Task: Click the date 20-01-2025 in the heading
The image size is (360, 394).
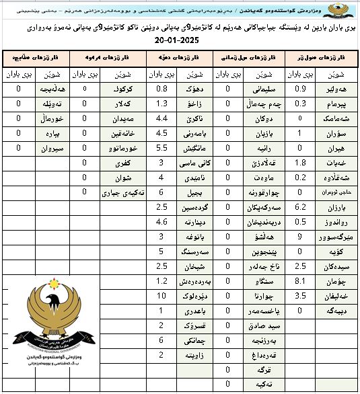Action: (x=180, y=41)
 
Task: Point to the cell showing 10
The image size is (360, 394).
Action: (x=161, y=295)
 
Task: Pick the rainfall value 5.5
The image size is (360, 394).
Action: (x=161, y=148)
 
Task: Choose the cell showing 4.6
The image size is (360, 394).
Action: (x=161, y=221)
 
